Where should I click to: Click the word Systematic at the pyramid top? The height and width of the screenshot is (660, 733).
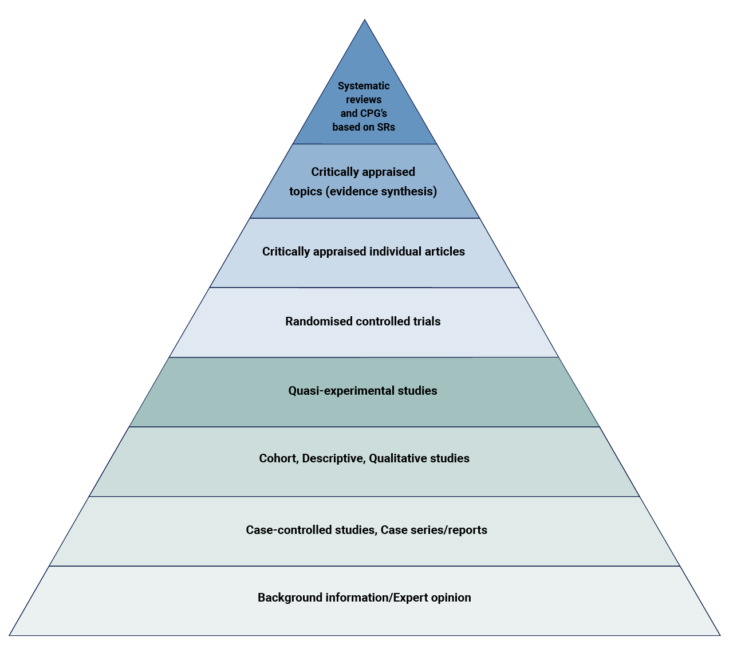click(364, 86)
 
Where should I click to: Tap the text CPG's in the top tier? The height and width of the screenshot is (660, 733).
click(374, 113)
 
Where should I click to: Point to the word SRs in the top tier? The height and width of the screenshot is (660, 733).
click(385, 127)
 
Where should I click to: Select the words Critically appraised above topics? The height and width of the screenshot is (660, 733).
click(363, 172)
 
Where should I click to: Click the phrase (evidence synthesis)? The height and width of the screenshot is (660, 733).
click(381, 191)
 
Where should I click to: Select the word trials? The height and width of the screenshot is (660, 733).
click(427, 321)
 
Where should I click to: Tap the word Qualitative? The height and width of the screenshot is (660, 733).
click(397, 458)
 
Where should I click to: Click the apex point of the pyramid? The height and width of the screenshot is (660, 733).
click(365, 20)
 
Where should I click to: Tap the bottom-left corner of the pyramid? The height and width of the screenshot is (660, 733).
click(10, 635)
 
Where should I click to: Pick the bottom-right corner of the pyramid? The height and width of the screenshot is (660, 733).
click(720, 635)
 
